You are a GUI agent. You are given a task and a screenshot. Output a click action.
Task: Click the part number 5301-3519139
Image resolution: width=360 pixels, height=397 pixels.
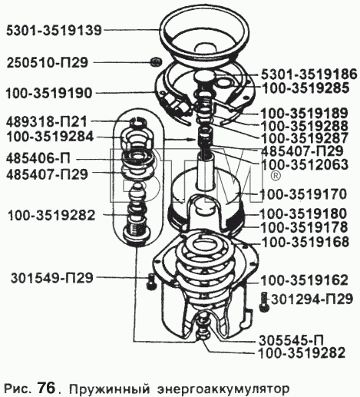[x=54, y=31]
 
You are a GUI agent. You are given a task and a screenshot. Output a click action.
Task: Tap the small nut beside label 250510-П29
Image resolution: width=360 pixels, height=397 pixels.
[x=155, y=62]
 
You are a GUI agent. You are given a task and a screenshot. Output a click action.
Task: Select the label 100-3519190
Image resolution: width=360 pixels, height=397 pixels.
[x=49, y=93]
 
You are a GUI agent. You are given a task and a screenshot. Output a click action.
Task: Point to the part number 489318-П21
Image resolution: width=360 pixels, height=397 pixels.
[x=47, y=122]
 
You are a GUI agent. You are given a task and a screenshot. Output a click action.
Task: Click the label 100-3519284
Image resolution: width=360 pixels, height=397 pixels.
[x=50, y=137]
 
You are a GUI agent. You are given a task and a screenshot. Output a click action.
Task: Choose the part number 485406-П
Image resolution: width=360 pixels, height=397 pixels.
[x=38, y=159]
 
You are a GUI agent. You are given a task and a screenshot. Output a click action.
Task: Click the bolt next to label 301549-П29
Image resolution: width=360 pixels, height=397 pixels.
[x=151, y=281]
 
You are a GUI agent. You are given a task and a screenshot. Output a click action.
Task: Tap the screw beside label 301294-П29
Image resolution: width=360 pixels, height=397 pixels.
[x=264, y=302]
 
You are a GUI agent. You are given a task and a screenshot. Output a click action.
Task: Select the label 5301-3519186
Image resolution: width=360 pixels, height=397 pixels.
[x=309, y=74]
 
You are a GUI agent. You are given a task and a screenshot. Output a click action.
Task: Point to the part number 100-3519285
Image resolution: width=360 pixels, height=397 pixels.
[x=306, y=88]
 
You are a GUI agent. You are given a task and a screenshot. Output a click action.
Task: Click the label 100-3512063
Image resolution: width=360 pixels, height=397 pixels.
[x=306, y=164]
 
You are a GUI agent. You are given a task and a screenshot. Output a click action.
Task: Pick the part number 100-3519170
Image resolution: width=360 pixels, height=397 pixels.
[x=303, y=194]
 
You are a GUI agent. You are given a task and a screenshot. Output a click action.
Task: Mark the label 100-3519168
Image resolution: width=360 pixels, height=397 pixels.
[x=306, y=242]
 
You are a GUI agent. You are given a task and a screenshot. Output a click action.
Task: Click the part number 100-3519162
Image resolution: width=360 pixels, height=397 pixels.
[x=304, y=280]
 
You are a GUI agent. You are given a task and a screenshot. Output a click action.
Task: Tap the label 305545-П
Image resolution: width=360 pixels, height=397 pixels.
[x=292, y=340]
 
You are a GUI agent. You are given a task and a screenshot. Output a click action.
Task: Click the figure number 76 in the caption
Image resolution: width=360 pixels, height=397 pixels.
[x=46, y=388]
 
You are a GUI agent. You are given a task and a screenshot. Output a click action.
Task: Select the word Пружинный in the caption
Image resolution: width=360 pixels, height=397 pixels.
[x=109, y=389]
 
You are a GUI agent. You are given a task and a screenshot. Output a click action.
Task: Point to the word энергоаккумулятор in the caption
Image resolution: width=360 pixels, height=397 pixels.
[x=223, y=389]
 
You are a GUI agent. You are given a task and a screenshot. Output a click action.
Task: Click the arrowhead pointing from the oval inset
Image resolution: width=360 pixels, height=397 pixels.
[x=192, y=140]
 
